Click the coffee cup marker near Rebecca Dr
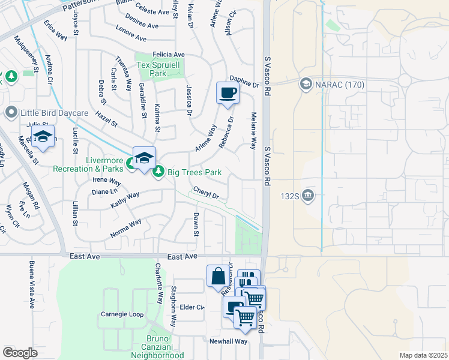(x=228, y=94)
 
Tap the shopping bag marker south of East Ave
(x=218, y=277)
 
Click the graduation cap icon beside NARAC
(x=306, y=83)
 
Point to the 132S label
(x=289, y=195)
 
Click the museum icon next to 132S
(x=307, y=195)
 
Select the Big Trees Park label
(x=194, y=173)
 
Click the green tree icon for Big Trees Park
(x=159, y=172)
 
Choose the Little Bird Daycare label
(x=55, y=112)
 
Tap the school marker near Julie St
(x=43, y=137)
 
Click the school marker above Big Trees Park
(x=144, y=159)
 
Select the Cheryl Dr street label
(x=206, y=193)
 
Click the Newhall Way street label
(x=228, y=341)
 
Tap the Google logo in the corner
(x=20, y=353)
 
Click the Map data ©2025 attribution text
(x=423, y=355)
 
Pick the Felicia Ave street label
(x=169, y=55)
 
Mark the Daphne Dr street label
(x=244, y=82)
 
